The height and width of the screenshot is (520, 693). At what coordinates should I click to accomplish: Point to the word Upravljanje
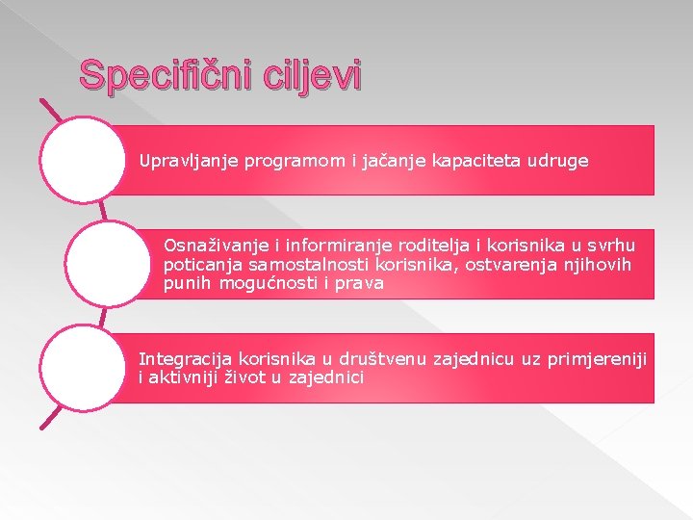tap(182, 161)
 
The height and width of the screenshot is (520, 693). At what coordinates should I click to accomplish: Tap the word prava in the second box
tap(362, 283)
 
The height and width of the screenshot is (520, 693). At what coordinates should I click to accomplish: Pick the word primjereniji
tap(597, 360)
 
